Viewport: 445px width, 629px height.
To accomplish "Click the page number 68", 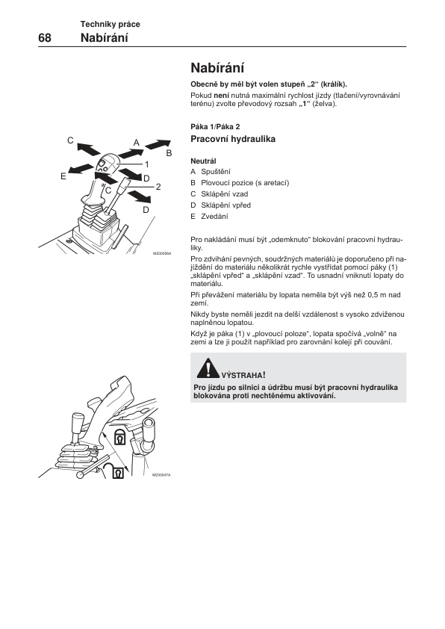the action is click(45, 37).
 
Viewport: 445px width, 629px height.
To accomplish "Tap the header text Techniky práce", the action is click(111, 24).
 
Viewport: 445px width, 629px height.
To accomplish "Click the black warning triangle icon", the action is click(208, 368).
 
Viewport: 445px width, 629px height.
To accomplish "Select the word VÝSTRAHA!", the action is click(243, 376).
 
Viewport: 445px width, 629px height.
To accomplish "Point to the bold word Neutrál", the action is click(203, 161).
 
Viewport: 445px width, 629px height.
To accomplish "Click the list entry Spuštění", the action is click(216, 172).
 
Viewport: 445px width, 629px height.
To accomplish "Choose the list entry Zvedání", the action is click(214, 217).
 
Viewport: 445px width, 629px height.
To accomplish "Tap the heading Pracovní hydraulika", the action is click(233, 139).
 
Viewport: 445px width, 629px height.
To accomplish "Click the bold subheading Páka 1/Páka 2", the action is click(215, 127).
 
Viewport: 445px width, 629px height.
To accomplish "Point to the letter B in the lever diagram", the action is click(169, 153).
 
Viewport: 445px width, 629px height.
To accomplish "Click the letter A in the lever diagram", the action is click(137, 143).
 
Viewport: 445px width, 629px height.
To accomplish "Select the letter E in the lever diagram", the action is click(63, 176).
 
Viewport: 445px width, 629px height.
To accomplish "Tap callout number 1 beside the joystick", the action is click(147, 164).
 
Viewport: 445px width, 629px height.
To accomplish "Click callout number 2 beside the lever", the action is click(158, 187).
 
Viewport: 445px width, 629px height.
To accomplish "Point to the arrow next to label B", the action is click(158, 144).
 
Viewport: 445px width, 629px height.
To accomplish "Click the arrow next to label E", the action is click(81, 169).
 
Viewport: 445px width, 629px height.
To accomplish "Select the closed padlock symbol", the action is click(120, 436).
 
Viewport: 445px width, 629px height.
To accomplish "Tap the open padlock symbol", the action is click(115, 470).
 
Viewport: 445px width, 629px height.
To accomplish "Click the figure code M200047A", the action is click(161, 475).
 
